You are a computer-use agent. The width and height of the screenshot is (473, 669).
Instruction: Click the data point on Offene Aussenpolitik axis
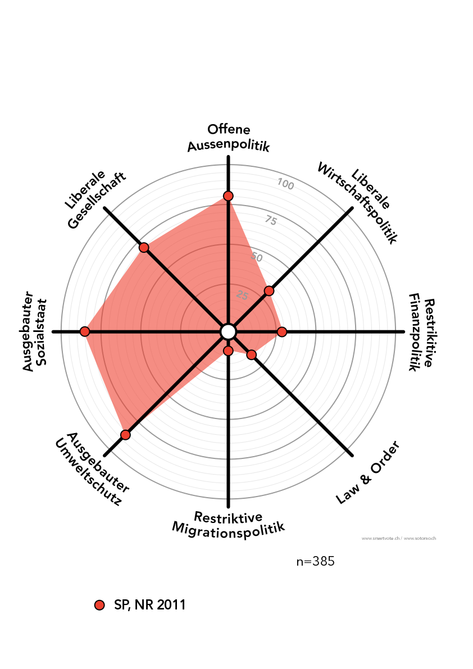pyautogui.click(x=228, y=195)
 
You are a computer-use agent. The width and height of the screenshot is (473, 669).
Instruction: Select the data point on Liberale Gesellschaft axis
pyautogui.click(x=144, y=248)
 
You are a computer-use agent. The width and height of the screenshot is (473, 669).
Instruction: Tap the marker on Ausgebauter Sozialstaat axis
pyautogui.click(x=85, y=331)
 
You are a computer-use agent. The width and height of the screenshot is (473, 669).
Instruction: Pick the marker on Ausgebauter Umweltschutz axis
pyautogui.click(x=125, y=435)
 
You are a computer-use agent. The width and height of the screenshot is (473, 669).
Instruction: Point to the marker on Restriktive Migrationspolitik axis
pyautogui.click(x=228, y=351)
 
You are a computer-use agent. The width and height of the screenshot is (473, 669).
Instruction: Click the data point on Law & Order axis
pyautogui.click(x=252, y=355)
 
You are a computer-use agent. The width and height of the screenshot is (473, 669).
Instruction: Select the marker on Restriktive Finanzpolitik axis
pyautogui.click(x=282, y=332)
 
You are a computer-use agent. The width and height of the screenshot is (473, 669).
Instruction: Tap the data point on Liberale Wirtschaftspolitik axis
pyautogui.click(x=269, y=290)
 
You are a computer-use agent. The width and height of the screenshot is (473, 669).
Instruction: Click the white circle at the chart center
pyautogui.click(x=228, y=332)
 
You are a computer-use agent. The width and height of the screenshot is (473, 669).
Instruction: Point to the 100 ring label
pyautogui.click(x=285, y=184)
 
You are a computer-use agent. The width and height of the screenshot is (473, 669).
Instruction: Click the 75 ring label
pyautogui.click(x=271, y=220)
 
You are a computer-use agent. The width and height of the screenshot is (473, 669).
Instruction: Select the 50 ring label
pyautogui.click(x=257, y=257)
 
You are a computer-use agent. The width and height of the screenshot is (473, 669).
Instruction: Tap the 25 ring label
pyautogui.click(x=242, y=295)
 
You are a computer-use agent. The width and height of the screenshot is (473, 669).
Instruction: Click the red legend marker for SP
pyautogui.click(x=100, y=605)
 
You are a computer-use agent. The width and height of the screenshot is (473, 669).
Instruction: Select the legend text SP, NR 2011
pyautogui.click(x=149, y=605)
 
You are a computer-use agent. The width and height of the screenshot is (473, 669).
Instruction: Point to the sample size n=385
pyautogui.click(x=315, y=561)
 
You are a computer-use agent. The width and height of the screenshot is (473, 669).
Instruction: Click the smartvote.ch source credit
pyautogui.click(x=381, y=538)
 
